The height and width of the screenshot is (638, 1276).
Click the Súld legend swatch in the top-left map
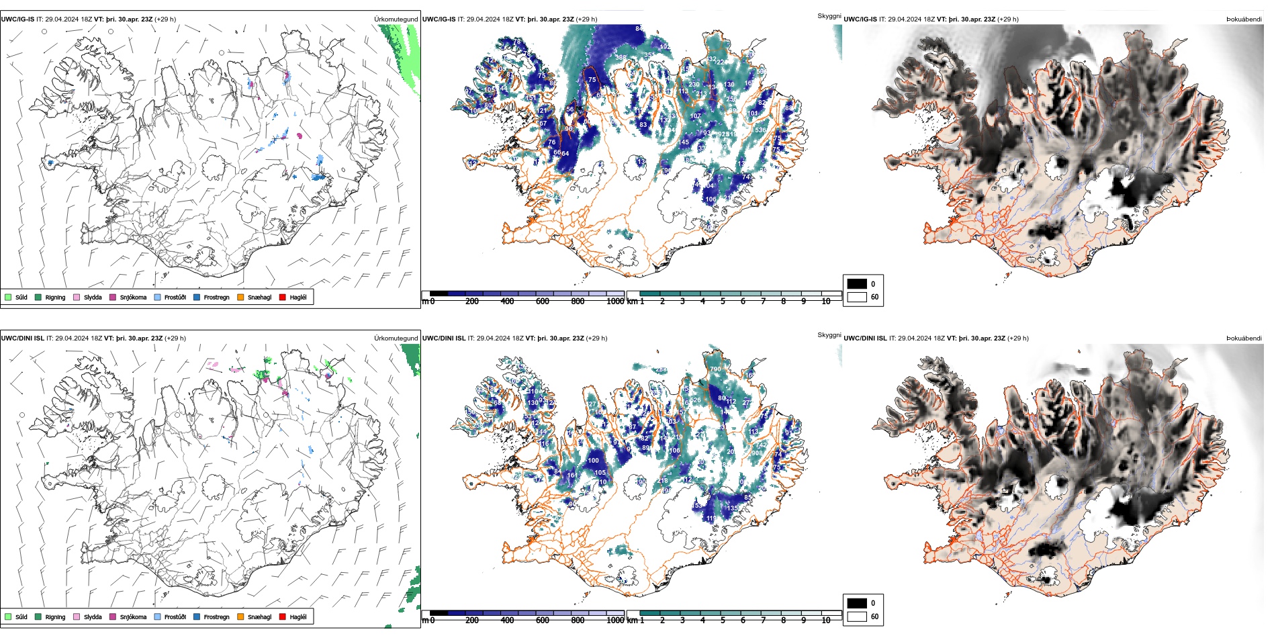[8, 297]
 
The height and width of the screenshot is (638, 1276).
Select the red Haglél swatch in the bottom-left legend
[283, 617]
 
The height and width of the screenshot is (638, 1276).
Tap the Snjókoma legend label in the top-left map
[133, 298]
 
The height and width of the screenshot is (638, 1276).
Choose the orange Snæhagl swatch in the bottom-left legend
[240, 617]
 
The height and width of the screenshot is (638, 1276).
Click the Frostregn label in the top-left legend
[216, 298]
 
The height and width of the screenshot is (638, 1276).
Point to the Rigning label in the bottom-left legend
[55, 617]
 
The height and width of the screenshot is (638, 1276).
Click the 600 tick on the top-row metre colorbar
[543, 302]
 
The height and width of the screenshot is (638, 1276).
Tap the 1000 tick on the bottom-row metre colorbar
[615, 621]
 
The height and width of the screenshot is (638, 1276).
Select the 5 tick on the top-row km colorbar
[723, 302]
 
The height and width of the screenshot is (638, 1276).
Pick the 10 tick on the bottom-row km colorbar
[826, 621]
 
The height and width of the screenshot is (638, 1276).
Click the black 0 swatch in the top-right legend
[857, 284]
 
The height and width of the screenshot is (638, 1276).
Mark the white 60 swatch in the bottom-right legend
[857, 617]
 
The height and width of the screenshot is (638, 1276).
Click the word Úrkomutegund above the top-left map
[396, 19]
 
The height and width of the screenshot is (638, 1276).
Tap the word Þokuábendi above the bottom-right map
[1244, 338]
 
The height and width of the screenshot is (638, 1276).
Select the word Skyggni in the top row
[829, 16]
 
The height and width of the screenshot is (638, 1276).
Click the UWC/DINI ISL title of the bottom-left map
[22, 338]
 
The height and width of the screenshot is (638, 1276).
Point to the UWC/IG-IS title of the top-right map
[860, 19]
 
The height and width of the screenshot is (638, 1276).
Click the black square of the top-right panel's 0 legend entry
[857, 284]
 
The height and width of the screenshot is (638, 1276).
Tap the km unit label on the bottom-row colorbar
[632, 621]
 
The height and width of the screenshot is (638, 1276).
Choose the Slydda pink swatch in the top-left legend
[77, 297]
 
